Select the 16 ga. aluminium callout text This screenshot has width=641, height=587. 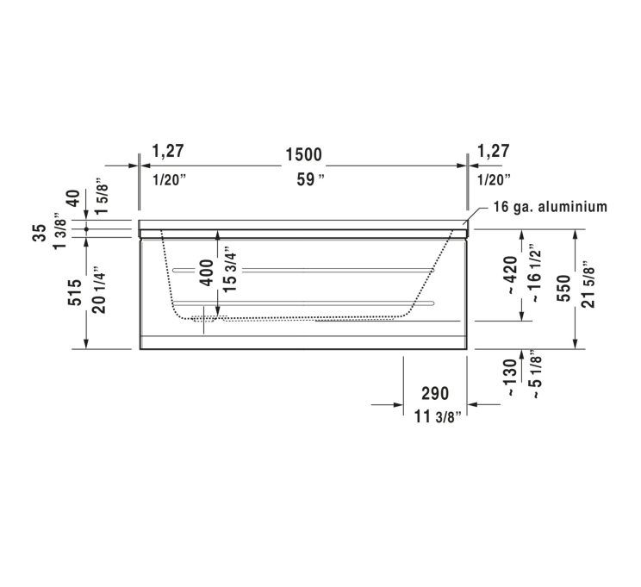click(x=552, y=207)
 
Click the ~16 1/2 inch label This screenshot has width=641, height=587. click(x=536, y=274)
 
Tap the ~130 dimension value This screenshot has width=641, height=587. click(x=512, y=376)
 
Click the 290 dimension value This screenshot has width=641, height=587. click(x=435, y=394)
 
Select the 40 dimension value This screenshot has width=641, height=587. click(x=74, y=197)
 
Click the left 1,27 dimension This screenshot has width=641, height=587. click(x=168, y=152)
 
